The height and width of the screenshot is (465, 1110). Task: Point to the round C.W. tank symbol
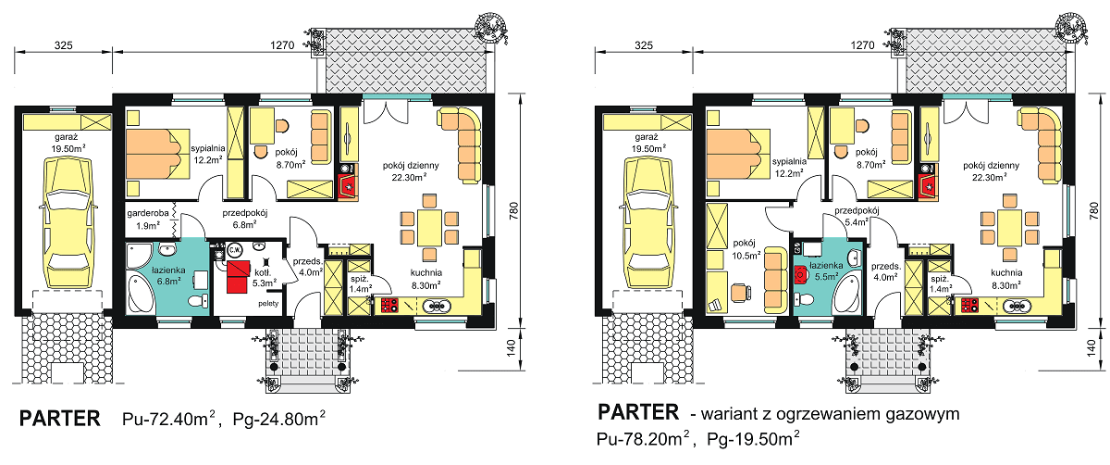point(235,248)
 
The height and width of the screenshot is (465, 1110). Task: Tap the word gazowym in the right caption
point(924,413)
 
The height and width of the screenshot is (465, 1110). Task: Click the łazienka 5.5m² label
point(824,270)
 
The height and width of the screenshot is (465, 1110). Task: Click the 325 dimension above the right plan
point(645,44)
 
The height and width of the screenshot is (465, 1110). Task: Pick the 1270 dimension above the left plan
point(282,44)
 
